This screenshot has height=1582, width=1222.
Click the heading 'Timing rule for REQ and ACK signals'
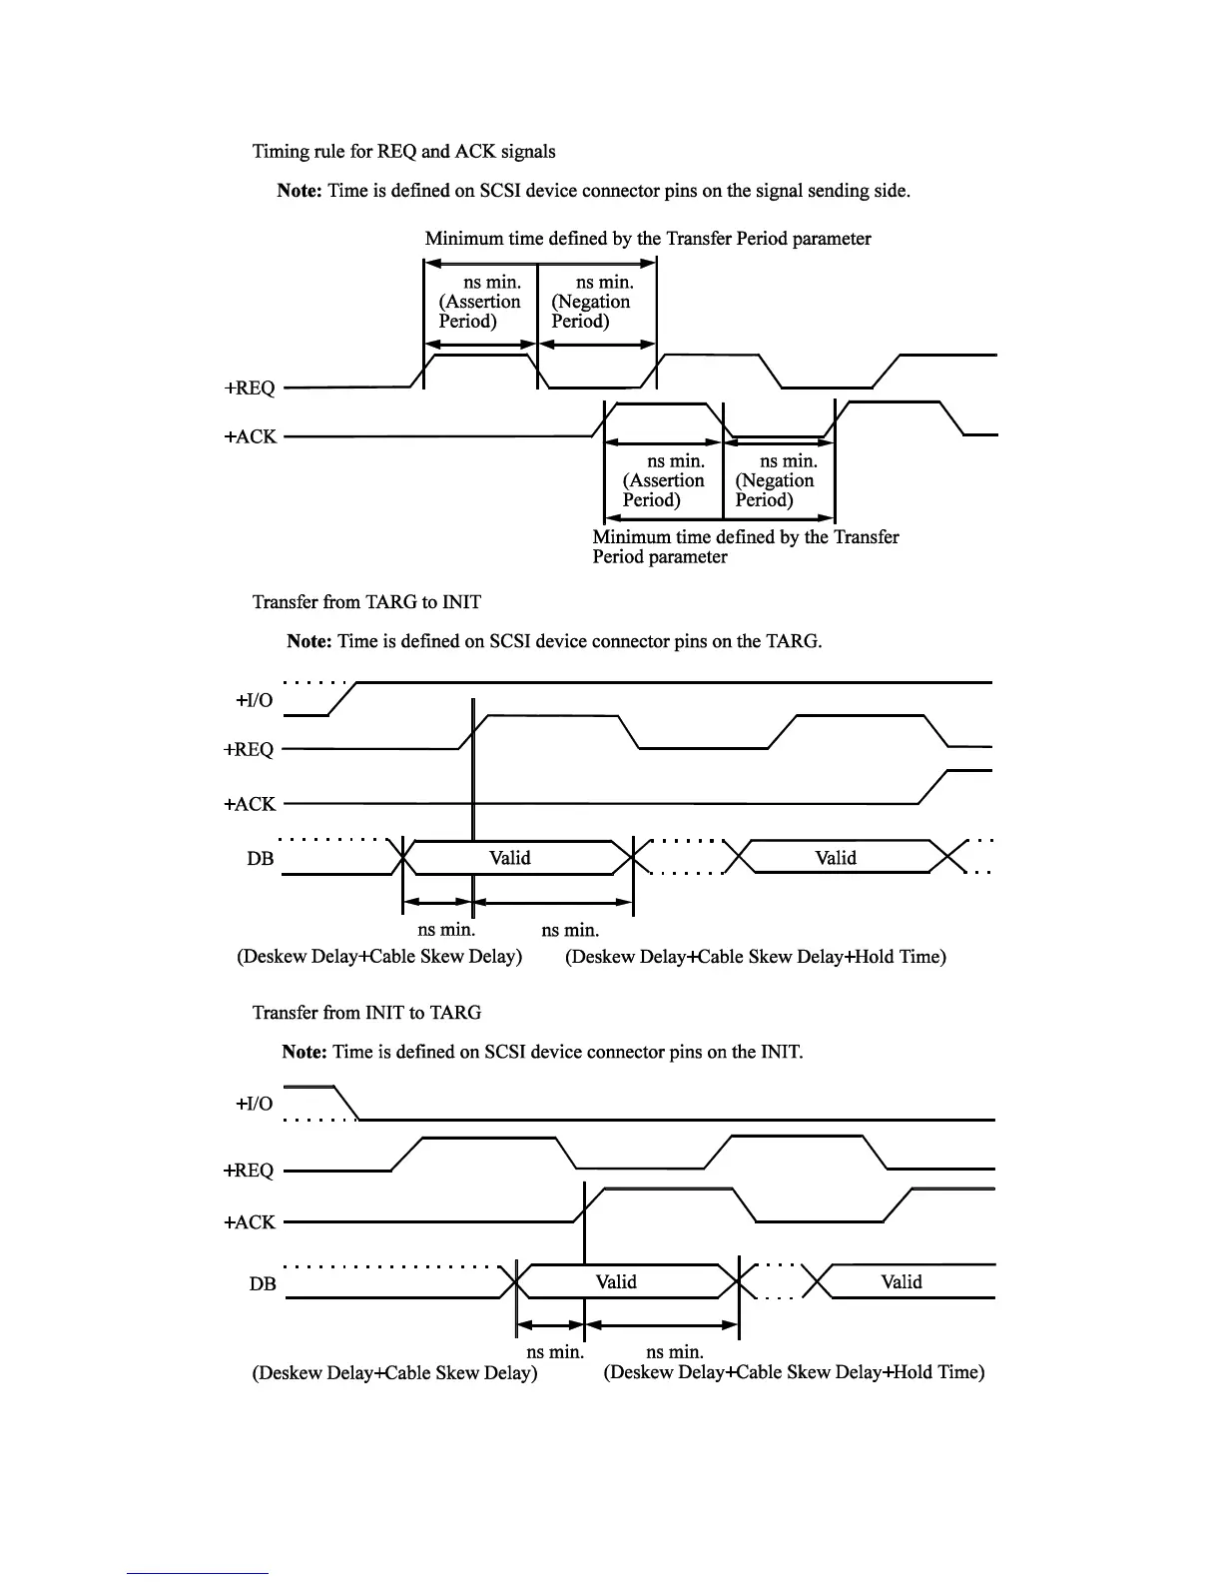[x=403, y=151]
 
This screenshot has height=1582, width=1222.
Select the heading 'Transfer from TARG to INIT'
[x=366, y=602]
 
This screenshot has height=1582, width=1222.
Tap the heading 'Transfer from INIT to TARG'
[x=366, y=1013]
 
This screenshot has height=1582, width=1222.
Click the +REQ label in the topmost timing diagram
[x=250, y=388]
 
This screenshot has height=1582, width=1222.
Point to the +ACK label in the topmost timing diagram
[x=250, y=436]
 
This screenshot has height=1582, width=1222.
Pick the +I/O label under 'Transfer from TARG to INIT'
[x=254, y=700]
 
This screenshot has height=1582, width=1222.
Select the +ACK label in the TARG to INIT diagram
[x=250, y=804]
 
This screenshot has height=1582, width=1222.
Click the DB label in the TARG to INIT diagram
[x=261, y=859]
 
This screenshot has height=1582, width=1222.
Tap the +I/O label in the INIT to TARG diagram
[x=254, y=1104]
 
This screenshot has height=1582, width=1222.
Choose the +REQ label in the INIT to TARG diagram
[x=249, y=1171]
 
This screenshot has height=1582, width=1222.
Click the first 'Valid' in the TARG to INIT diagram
[x=510, y=858]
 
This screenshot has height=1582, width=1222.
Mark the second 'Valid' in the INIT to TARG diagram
[x=902, y=1282]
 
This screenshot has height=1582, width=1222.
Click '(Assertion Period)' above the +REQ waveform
[x=479, y=312]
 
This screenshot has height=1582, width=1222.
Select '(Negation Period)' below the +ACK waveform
[x=775, y=490]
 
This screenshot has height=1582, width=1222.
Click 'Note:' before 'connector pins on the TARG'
[x=309, y=641]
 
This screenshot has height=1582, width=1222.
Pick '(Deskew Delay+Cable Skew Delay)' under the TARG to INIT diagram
[x=379, y=957]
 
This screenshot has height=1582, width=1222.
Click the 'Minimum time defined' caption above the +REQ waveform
[x=648, y=239]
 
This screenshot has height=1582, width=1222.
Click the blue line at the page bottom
[x=198, y=1574]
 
